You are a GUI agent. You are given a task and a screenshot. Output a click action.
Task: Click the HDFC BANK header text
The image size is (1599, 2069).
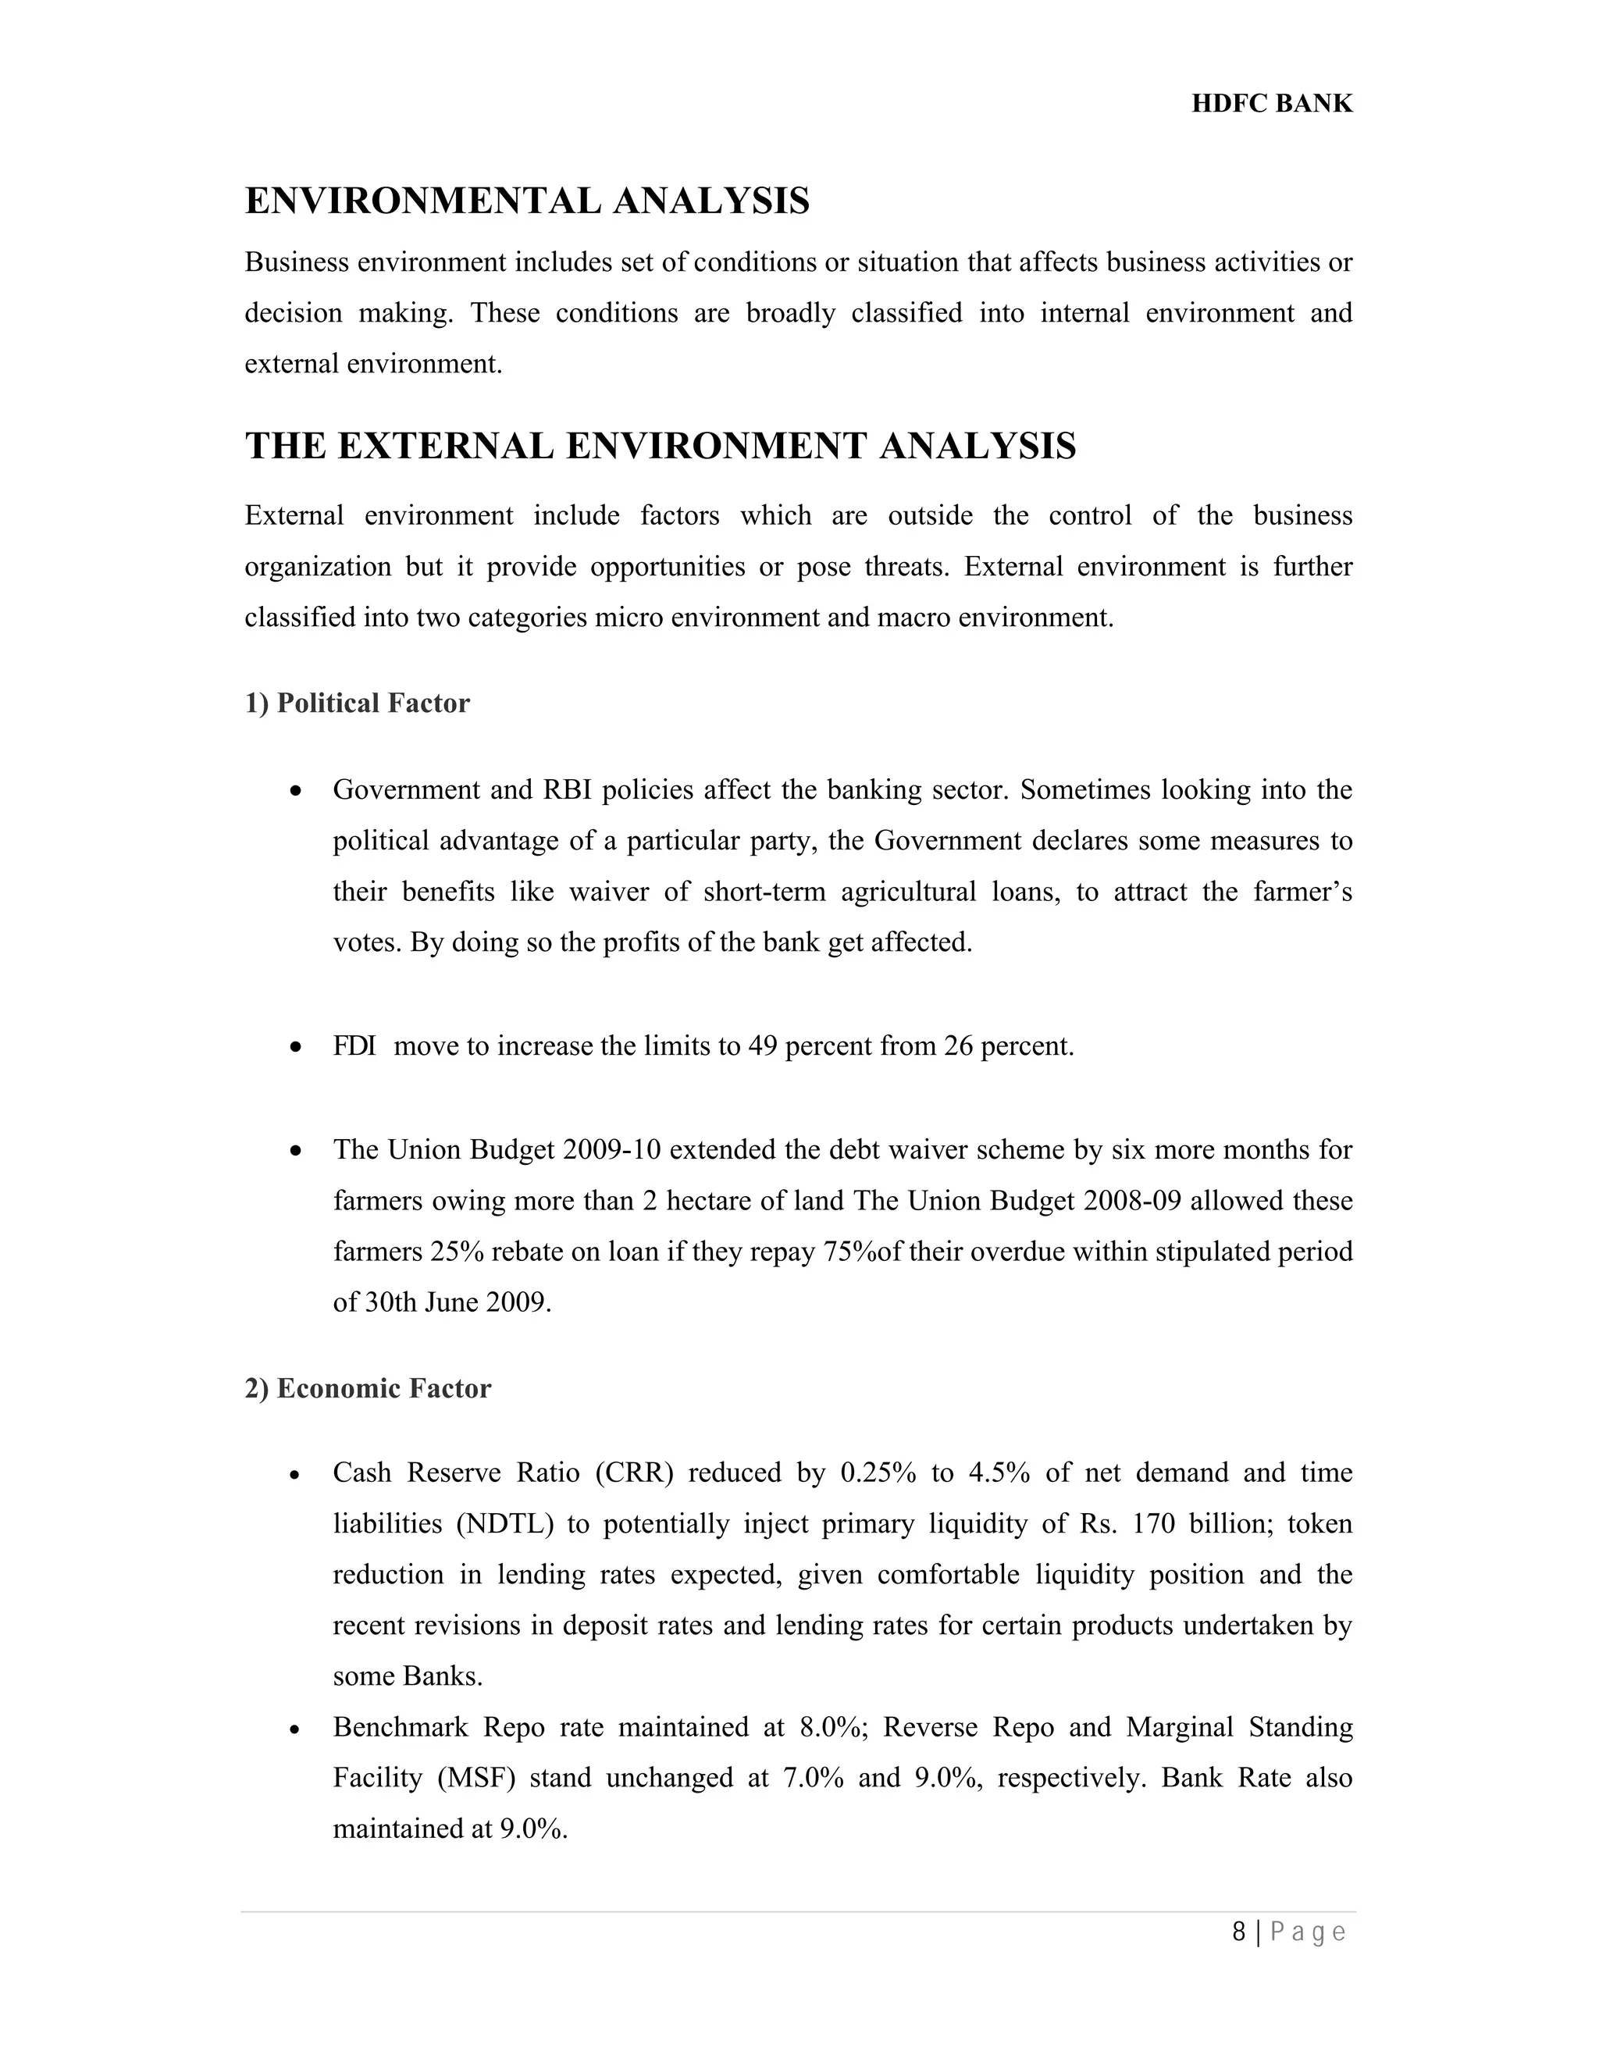(x=1271, y=103)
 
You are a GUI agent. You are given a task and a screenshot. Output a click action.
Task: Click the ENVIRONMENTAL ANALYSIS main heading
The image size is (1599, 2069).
(x=527, y=201)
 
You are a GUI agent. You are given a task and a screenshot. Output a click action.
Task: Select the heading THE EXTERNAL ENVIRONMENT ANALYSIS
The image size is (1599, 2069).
(x=661, y=446)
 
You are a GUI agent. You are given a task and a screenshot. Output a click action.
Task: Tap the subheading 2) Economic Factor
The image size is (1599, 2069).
(x=368, y=1388)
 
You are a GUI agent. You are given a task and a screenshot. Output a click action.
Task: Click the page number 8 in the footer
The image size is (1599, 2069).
(x=1238, y=1932)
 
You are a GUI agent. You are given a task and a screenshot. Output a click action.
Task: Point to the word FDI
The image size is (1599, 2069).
(x=354, y=1046)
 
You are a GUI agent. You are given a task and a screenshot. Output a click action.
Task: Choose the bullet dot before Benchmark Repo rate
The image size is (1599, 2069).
(x=297, y=1729)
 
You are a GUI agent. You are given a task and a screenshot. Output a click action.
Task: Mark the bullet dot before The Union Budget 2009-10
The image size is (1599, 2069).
(x=297, y=1151)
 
